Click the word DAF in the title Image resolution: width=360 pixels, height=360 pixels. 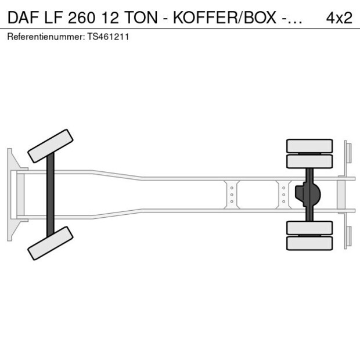24,18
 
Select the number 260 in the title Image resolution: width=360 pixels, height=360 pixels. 81,18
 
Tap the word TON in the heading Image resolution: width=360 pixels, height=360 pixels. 141,18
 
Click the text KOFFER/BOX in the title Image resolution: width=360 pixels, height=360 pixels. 225,18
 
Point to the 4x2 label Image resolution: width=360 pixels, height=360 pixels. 339,18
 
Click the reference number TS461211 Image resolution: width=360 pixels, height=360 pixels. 108,37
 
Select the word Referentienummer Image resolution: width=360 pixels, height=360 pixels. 46,37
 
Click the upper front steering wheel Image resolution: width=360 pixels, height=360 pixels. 51,146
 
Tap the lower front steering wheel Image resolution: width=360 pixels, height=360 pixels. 51,243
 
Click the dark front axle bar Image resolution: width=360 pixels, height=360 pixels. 51,195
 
